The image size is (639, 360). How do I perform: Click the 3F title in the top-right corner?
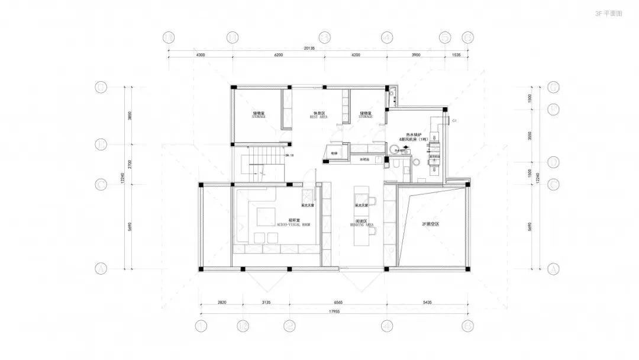609,12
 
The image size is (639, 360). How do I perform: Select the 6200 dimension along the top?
278,54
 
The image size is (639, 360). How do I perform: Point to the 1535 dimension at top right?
456,54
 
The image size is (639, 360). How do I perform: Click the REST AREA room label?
318,115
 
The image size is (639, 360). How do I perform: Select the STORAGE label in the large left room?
259,115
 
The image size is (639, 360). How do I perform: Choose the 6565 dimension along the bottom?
338,303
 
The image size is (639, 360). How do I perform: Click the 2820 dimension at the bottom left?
222,303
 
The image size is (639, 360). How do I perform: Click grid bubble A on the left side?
101,269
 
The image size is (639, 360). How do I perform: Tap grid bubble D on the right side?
554,162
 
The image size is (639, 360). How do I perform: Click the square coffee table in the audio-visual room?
264,214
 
